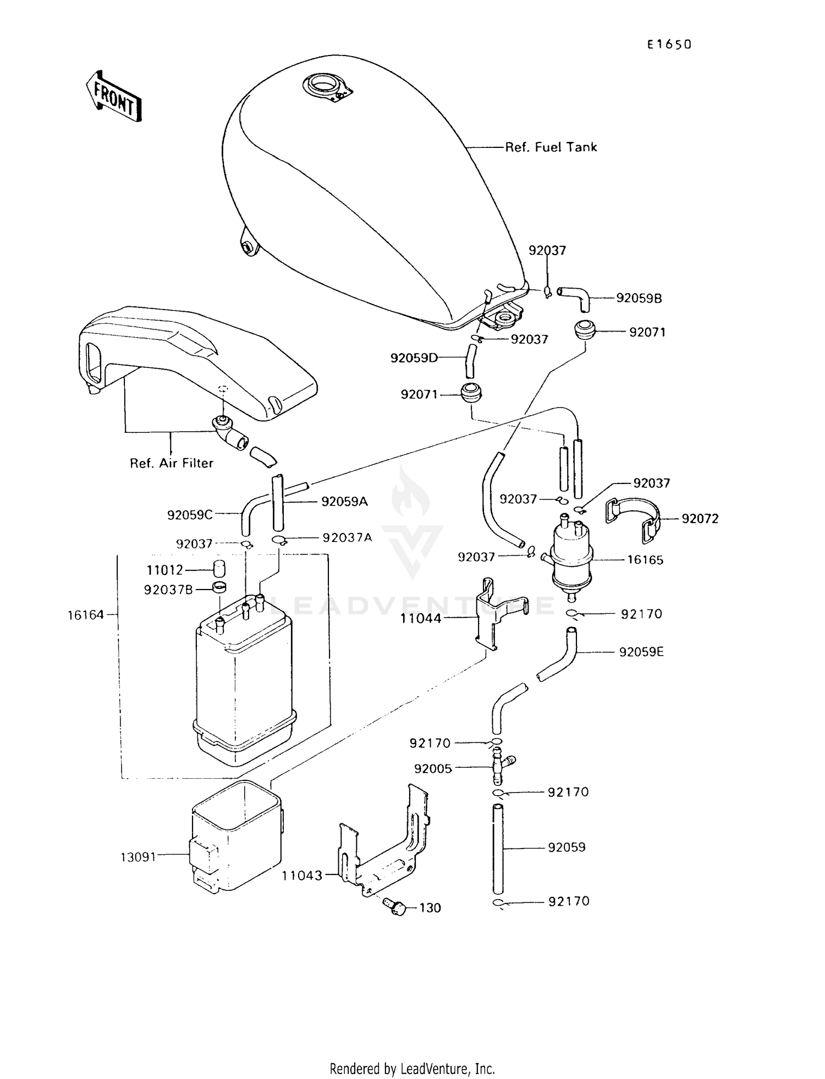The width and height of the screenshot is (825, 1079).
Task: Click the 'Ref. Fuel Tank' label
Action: point(551,147)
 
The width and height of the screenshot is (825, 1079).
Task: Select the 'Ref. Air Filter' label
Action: point(171,463)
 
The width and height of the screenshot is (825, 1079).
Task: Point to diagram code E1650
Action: point(668,45)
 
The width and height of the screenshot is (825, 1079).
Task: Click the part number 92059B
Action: point(639,298)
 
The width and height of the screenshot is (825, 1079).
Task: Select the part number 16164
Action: point(85,615)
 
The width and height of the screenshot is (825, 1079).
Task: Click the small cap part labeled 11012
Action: point(219,568)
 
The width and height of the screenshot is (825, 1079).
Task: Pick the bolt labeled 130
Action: point(395,907)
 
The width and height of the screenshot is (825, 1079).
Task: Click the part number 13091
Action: point(138,857)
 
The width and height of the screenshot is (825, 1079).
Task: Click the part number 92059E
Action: point(641,652)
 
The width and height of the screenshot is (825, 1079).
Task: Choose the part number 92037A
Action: point(346,537)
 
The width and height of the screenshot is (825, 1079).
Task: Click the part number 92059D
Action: point(414,358)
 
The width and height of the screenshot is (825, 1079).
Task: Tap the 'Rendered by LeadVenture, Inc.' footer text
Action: point(412,1068)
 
